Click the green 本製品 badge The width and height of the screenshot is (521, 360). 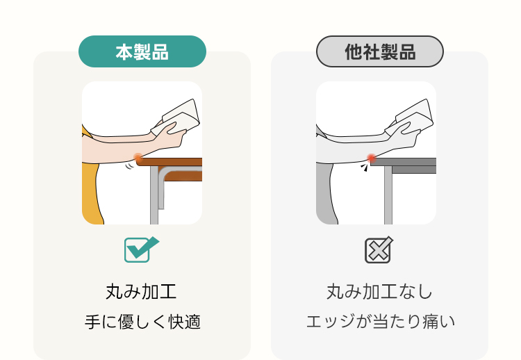(142, 51)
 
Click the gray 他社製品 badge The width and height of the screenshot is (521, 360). (380, 51)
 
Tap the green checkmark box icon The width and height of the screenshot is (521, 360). (141, 249)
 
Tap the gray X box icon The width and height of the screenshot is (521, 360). (379, 250)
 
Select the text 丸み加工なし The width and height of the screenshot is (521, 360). (379, 292)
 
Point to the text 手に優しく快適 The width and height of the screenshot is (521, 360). (142, 322)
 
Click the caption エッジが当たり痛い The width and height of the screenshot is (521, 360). (380, 322)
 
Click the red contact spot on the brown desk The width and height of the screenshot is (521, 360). (138, 158)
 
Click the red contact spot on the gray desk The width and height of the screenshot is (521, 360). (372, 158)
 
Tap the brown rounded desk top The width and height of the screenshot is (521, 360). (169, 162)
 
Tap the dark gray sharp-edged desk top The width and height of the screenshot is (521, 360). (404, 161)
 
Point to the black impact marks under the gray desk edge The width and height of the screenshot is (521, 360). (365, 167)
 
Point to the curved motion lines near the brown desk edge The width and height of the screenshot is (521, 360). (130, 165)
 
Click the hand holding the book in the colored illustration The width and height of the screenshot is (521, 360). (170, 136)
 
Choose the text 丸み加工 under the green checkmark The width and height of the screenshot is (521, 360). (141, 292)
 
